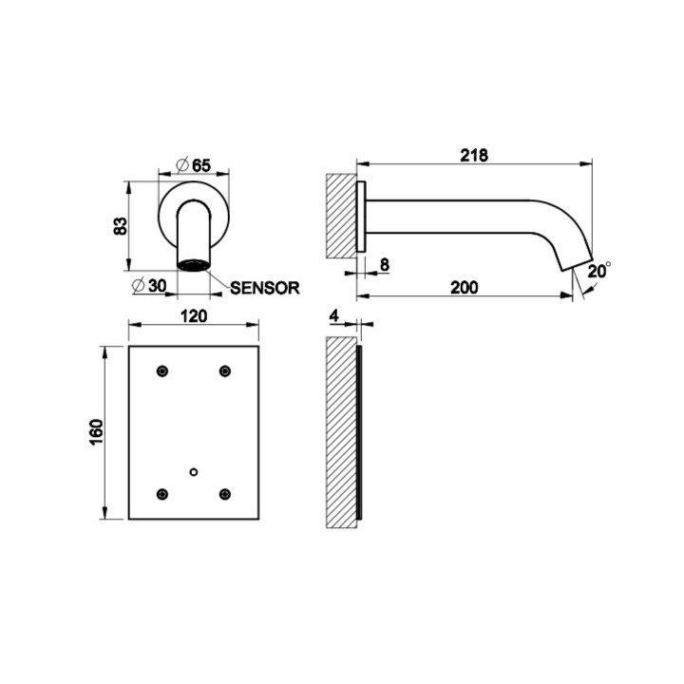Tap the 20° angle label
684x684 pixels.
tap(598, 272)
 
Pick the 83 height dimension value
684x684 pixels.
tap(120, 226)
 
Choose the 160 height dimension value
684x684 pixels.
tap(96, 433)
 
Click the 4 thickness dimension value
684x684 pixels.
tap(335, 313)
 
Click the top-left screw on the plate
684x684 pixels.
tap(162, 370)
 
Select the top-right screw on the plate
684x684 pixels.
tap(225, 370)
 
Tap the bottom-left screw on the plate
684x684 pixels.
tap(162, 492)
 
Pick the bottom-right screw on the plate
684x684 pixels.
tap(225, 492)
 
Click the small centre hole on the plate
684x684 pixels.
tap(194, 471)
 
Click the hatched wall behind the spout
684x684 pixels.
tap(340, 216)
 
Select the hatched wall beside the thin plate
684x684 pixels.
tap(340, 432)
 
